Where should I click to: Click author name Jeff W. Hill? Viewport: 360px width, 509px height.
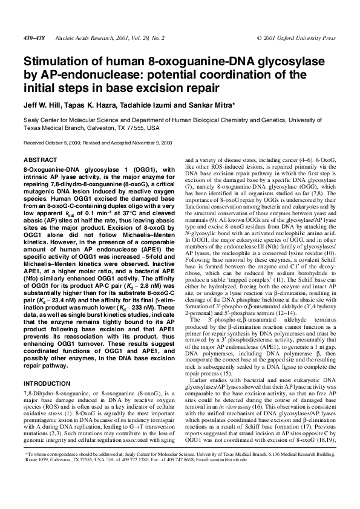point(42,104)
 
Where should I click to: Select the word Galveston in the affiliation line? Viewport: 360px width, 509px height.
point(97,129)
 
